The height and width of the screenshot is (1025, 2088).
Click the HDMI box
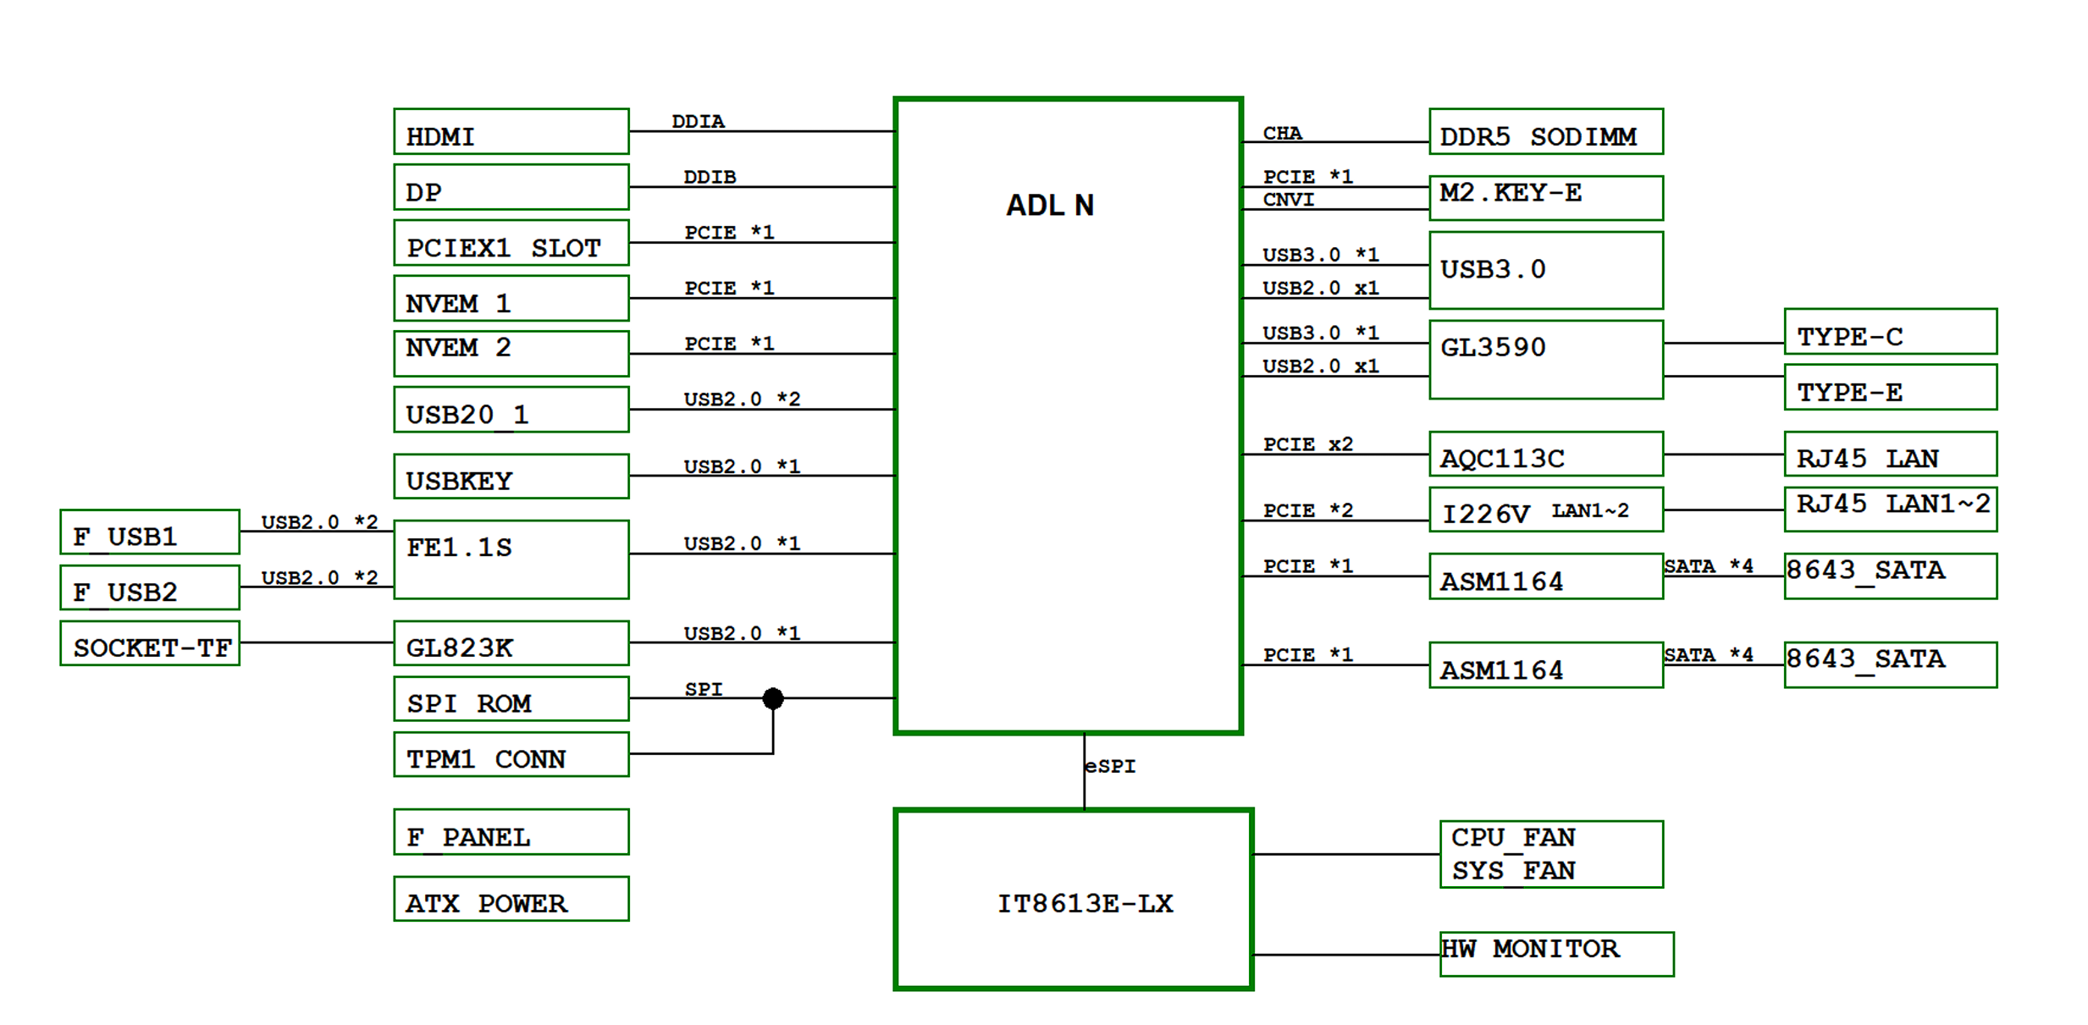click(511, 132)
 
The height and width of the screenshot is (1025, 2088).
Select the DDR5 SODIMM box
click(1545, 132)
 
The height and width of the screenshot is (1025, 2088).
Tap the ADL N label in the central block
click(1049, 206)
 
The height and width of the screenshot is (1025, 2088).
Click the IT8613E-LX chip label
click(1085, 904)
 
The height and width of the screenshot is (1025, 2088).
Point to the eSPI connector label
click(1110, 766)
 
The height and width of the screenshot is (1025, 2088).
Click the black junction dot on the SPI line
click(772, 698)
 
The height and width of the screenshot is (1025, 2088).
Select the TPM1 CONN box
click(511, 755)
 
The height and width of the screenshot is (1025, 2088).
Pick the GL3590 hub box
click(1545, 360)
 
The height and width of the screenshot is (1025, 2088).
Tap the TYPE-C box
click(1890, 332)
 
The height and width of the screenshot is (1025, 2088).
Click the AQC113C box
click(1545, 455)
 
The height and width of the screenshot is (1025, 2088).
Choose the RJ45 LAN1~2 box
click(1890, 509)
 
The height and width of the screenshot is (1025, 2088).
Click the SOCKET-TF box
click(150, 643)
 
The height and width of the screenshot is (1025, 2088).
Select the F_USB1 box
click(150, 532)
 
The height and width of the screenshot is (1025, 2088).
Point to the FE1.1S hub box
click(511, 559)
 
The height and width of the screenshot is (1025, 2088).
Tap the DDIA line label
click(698, 122)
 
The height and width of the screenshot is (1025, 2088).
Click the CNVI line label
click(1288, 200)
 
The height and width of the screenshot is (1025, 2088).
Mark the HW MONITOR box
click(1555, 954)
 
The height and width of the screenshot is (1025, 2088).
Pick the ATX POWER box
click(511, 899)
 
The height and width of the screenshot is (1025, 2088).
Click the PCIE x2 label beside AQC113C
click(1307, 444)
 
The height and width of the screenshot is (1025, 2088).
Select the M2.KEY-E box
click(1545, 198)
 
